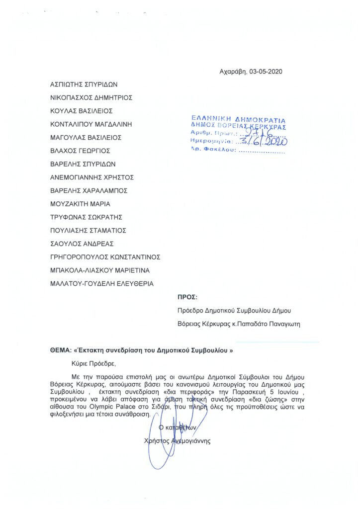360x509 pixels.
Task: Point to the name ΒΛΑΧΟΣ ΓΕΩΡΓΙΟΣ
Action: [x=80, y=151]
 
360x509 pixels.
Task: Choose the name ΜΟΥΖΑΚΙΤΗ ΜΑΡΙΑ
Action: [x=81, y=204]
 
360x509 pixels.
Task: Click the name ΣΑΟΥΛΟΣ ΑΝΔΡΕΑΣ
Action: [x=83, y=244]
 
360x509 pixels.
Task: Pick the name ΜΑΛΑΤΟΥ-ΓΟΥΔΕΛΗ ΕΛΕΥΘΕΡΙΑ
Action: [x=102, y=284]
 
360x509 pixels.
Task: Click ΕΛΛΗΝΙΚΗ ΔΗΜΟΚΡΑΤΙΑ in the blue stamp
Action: [x=239, y=120]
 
